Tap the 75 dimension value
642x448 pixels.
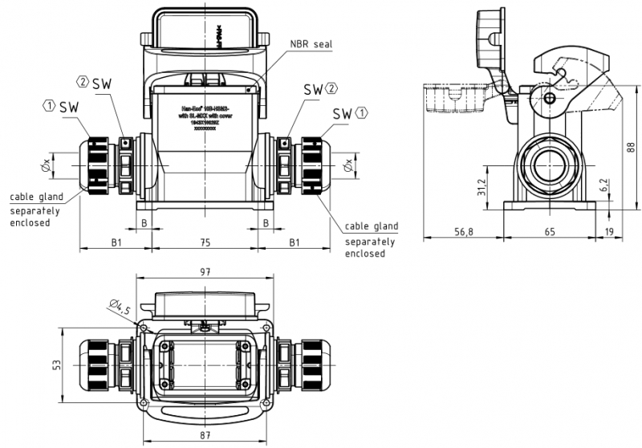205,241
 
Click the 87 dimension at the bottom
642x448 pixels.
205,436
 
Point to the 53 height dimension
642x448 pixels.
57,366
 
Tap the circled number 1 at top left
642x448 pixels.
49,105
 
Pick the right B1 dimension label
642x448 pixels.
295,241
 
